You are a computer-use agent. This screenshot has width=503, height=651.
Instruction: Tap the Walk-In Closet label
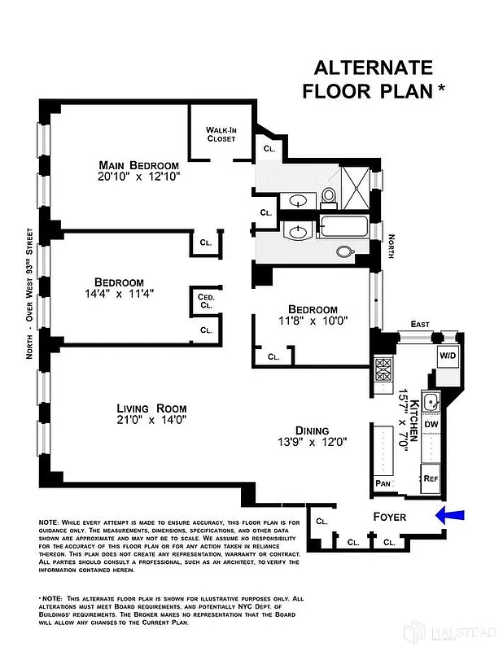pos(220,134)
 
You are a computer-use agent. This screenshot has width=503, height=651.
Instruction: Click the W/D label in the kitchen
pos(447,356)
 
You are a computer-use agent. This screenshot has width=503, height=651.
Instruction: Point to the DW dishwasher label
pos(431,424)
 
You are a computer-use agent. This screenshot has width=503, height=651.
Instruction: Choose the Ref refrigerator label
pos(431,478)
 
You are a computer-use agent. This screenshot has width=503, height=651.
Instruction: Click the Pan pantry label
pos(383,483)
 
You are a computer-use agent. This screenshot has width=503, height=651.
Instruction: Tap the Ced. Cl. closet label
pos(206,302)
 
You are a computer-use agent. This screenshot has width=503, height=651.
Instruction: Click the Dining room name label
pos(313,430)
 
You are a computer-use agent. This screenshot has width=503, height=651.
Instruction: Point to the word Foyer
pos(389,517)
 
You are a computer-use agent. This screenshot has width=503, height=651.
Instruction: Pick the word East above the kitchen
pos(419,324)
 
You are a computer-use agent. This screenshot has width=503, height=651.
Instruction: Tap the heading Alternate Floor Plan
pos(374,79)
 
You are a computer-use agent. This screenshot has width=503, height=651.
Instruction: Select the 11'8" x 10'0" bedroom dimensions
pos(313,321)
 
